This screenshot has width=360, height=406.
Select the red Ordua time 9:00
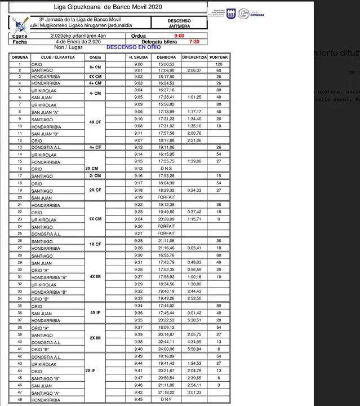179,36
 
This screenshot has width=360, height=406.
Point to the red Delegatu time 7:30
194,42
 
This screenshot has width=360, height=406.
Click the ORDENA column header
20,57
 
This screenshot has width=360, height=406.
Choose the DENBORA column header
166,57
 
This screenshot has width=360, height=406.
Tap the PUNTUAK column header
219,57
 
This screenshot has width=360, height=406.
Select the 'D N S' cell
166,169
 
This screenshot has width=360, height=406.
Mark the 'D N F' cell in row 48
166,400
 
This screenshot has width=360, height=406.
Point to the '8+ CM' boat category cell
95,67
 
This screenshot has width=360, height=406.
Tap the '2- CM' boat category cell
95,175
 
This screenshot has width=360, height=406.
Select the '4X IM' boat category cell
95,277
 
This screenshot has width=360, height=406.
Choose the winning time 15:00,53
166,64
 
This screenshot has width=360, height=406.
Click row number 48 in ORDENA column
20,400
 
